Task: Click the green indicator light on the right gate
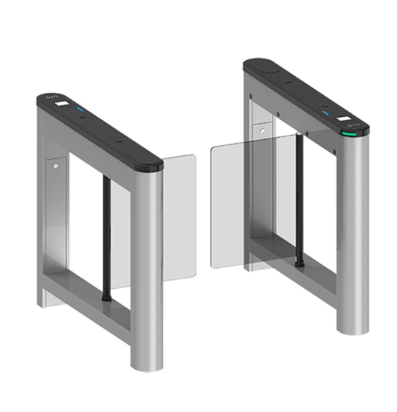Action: coord(347,131)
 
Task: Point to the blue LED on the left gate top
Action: coord(81,110)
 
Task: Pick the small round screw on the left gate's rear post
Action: coord(54,166)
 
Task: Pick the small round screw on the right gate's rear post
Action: coord(261,130)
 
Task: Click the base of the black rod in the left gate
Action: coord(105,296)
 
